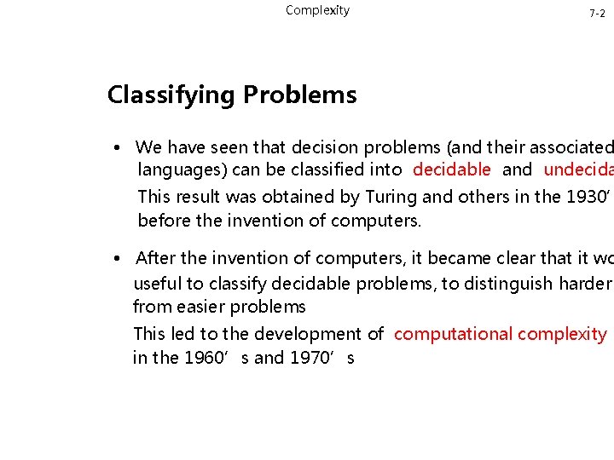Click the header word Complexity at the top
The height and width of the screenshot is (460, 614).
pos(317,10)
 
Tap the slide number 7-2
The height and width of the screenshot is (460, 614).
pos(597,14)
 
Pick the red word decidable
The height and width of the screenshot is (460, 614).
pos(451,170)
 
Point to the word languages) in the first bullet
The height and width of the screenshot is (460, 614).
pos(181,170)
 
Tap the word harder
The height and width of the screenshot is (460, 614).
pos(584,284)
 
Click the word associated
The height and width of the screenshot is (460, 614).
pos(572,147)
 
